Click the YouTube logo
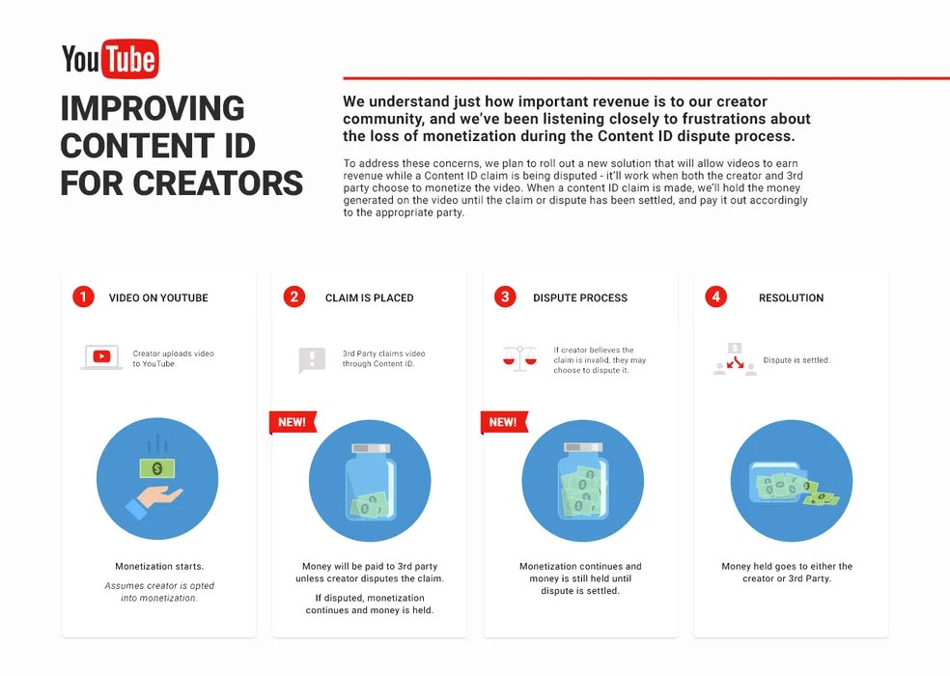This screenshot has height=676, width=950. pos(110,59)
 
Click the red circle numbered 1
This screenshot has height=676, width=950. pos(83,297)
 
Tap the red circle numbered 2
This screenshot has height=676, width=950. pos(293,297)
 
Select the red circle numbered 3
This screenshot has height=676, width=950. pos(505,297)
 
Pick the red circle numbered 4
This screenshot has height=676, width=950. pos(715,297)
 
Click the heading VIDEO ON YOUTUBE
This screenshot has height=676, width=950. pos(158,297)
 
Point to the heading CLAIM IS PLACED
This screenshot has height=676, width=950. pos(370,297)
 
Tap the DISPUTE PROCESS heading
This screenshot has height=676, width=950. pos(580,297)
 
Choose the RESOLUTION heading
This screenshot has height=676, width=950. pos(792,297)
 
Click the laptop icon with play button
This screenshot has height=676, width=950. pos(101,357)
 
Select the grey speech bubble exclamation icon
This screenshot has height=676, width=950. pos(312,360)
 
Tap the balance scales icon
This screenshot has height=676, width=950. pos(519,358)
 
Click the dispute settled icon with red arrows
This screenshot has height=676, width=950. pos(735,359)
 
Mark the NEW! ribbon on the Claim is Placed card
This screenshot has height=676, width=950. pos(293,423)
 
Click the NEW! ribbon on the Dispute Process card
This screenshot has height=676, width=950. pos(504,423)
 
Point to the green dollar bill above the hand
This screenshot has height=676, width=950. pos(157,468)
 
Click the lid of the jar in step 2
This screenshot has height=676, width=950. pos(372,448)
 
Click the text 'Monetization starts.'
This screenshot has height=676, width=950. pos(159,566)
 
